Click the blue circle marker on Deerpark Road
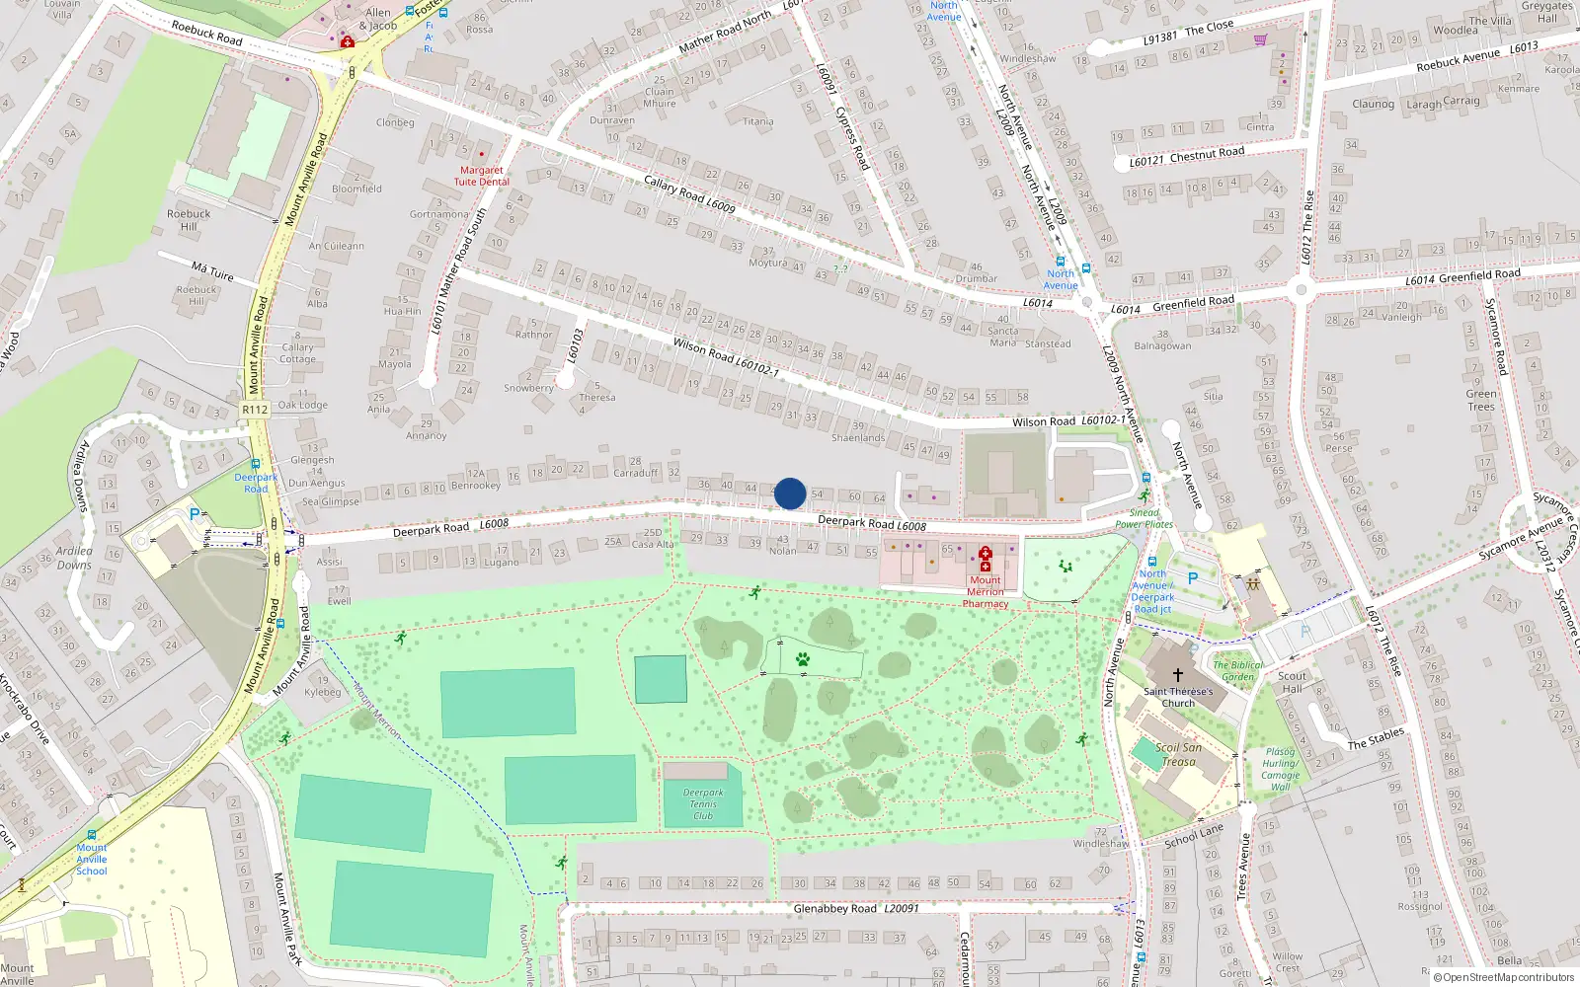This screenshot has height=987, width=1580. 790,493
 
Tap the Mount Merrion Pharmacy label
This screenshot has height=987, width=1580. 986,591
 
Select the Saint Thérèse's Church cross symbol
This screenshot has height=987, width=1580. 1177,676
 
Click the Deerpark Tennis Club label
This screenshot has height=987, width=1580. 703,803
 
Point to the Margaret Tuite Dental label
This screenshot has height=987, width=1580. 482,176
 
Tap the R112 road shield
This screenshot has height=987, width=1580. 255,409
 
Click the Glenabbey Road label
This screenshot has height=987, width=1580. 835,908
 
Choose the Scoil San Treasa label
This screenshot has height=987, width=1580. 1178,754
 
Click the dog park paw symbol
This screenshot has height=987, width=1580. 803,659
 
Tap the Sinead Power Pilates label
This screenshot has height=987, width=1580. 1144,518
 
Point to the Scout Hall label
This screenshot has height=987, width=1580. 1292,682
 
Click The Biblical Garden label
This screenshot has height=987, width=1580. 1237,670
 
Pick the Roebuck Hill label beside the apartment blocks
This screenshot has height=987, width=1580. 189,219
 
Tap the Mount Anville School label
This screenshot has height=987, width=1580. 92,859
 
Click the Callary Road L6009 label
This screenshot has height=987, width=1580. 689,192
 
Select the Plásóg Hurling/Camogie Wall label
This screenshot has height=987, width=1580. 1280,769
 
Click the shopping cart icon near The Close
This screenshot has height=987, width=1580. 1260,39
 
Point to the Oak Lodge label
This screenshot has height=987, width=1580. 302,405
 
